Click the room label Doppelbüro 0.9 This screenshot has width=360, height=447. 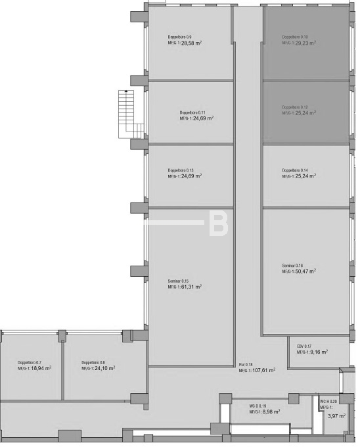tap(179, 37)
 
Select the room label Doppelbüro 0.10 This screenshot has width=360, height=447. tap(295, 37)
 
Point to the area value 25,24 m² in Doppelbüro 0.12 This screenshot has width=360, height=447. tap(305, 113)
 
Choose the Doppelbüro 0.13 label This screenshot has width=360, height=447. tap(181, 170)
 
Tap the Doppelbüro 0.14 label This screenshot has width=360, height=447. tap(295, 170)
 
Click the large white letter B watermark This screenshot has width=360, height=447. tap(217, 223)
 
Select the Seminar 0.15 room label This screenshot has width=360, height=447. tap(179, 281)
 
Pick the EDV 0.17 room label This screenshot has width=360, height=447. tap(304, 346)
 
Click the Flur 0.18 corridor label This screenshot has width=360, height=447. tap(246, 364)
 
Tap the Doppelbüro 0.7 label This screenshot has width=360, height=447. tap(30, 362)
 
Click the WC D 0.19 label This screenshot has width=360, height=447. tap(258, 406)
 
